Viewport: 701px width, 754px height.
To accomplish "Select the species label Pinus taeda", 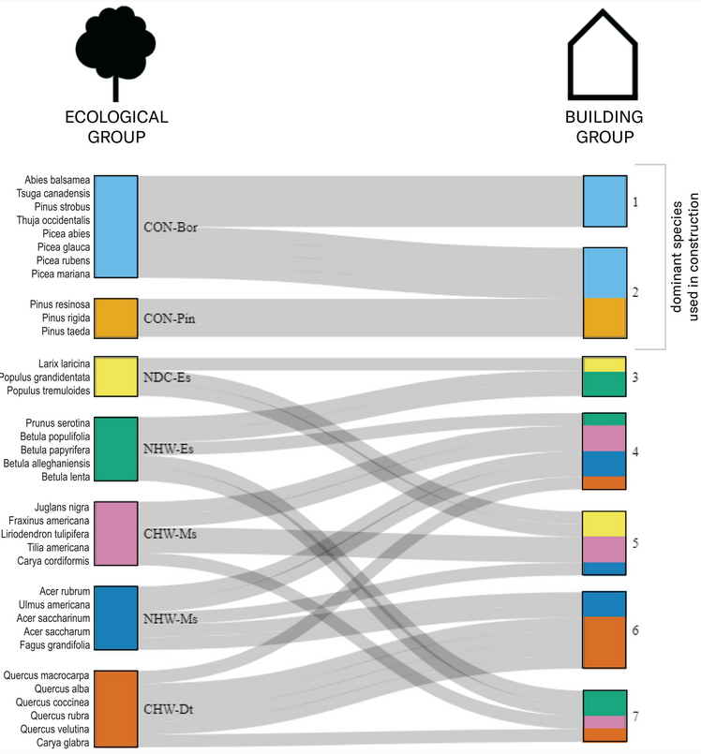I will pyautogui.click(x=66, y=332).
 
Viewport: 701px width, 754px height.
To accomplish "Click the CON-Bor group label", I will pyautogui.click(x=170, y=228).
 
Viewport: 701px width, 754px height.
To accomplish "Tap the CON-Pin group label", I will pyautogui.click(x=169, y=319).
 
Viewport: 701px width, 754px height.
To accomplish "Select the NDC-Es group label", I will pyautogui.click(x=167, y=377).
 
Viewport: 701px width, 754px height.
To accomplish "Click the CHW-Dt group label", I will pyautogui.click(x=169, y=709).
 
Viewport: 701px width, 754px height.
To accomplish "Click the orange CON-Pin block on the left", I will pyautogui.click(x=116, y=318).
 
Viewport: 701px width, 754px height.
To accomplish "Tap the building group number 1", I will pyautogui.click(x=634, y=201).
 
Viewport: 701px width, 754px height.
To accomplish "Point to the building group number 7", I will pyautogui.click(x=635, y=717).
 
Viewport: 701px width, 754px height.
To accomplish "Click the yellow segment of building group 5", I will pyautogui.click(x=604, y=525).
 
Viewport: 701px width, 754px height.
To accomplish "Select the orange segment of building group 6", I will pyautogui.click(x=604, y=642).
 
